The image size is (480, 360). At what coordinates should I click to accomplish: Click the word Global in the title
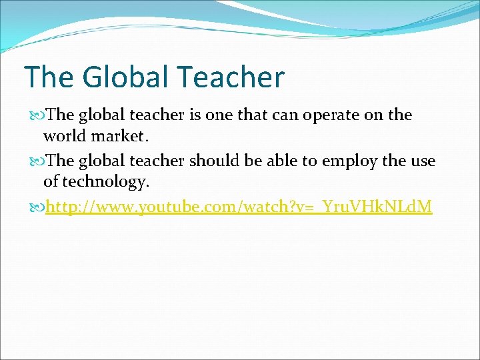(x=124, y=77)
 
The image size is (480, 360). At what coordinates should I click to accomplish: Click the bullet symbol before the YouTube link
(x=37, y=208)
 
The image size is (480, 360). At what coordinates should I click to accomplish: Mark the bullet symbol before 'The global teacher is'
(x=37, y=115)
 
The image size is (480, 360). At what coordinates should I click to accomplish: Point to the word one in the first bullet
(x=220, y=115)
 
